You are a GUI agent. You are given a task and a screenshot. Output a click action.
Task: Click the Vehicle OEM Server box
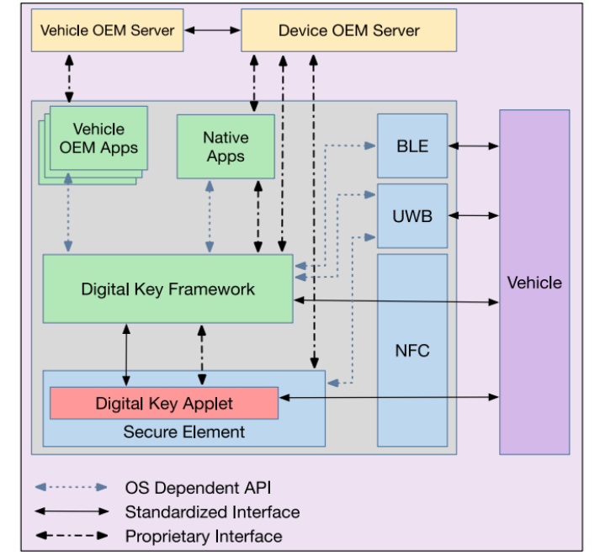click(108, 30)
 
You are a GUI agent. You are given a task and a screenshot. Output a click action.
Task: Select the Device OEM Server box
click(348, 30)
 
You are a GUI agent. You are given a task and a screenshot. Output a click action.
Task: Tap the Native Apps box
click(225, 146)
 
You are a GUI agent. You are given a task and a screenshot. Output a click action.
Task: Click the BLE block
click(412, 146)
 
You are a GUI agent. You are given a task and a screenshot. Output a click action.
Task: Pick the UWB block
click(412, 215)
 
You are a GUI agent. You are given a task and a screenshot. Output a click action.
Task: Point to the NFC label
click(412, 350)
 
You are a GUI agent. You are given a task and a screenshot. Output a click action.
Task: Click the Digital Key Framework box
click(167, 289)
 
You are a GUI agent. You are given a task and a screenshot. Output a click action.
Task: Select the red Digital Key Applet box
click(164, 403)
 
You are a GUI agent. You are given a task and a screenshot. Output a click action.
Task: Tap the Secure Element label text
click(184, 432)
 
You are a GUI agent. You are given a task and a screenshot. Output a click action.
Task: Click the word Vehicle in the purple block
click(534, 283)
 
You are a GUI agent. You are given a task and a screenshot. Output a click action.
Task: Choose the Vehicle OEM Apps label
click(98, 139)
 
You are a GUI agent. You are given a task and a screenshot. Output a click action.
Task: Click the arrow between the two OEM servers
click(212, 30)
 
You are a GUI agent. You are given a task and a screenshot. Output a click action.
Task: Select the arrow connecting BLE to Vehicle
click(473, 146)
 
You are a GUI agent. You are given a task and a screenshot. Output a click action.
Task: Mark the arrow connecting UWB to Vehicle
click(473, 215)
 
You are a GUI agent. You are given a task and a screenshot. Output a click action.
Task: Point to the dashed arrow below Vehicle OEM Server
click(68, 77)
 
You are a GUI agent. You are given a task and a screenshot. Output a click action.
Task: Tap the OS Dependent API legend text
click(198, 487)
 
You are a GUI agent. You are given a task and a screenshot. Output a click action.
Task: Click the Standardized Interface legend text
click(212, 511)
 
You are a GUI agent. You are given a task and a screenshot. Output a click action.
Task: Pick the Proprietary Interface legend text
click(204, 536)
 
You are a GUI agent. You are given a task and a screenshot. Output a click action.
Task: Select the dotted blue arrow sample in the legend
click(72, 487)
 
